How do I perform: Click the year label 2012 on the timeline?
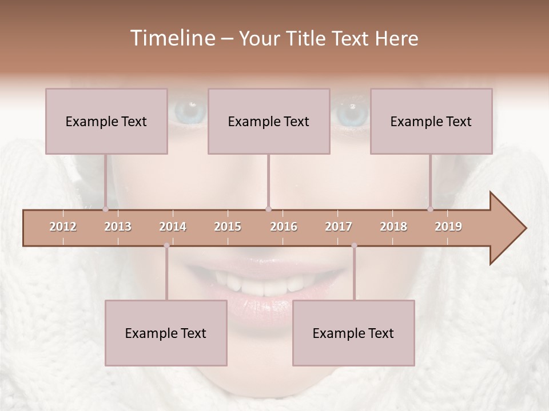click(x=63, y=227)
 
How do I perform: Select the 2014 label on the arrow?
click(x=173, y=227)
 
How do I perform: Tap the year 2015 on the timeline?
click(x=228, y=227)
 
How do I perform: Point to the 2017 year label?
click(x=339, y=227)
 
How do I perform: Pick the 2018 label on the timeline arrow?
click(x=393, y=227)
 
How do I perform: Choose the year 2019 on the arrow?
click(x=448, y=227)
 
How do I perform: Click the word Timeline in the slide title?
click(x=172, y=38)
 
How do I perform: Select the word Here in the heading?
click(x=396, y=38)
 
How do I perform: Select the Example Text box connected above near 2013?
click(x=106, y=121)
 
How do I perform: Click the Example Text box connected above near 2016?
click(x=269, y=121)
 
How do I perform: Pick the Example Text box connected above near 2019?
click(x=431, y=121)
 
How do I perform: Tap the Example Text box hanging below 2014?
click(x=166, y=333)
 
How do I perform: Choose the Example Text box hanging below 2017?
click(x=353, y=333)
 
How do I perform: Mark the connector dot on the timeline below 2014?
click(x=166, y=245)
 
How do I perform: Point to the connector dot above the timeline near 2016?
click(x=269, y=209)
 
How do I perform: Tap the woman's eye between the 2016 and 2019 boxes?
click(x=350, y=113)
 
